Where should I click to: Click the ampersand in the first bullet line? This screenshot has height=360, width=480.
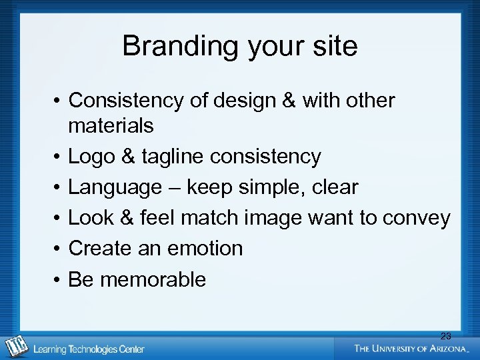(x=289, y=101)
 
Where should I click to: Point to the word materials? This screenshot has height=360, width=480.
(x=111, y=125)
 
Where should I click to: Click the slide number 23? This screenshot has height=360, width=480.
(x=445, y=336)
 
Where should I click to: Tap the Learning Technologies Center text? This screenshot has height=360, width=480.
(x=89, y=349)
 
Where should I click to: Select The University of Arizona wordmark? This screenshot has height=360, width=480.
(x=411, y=348)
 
